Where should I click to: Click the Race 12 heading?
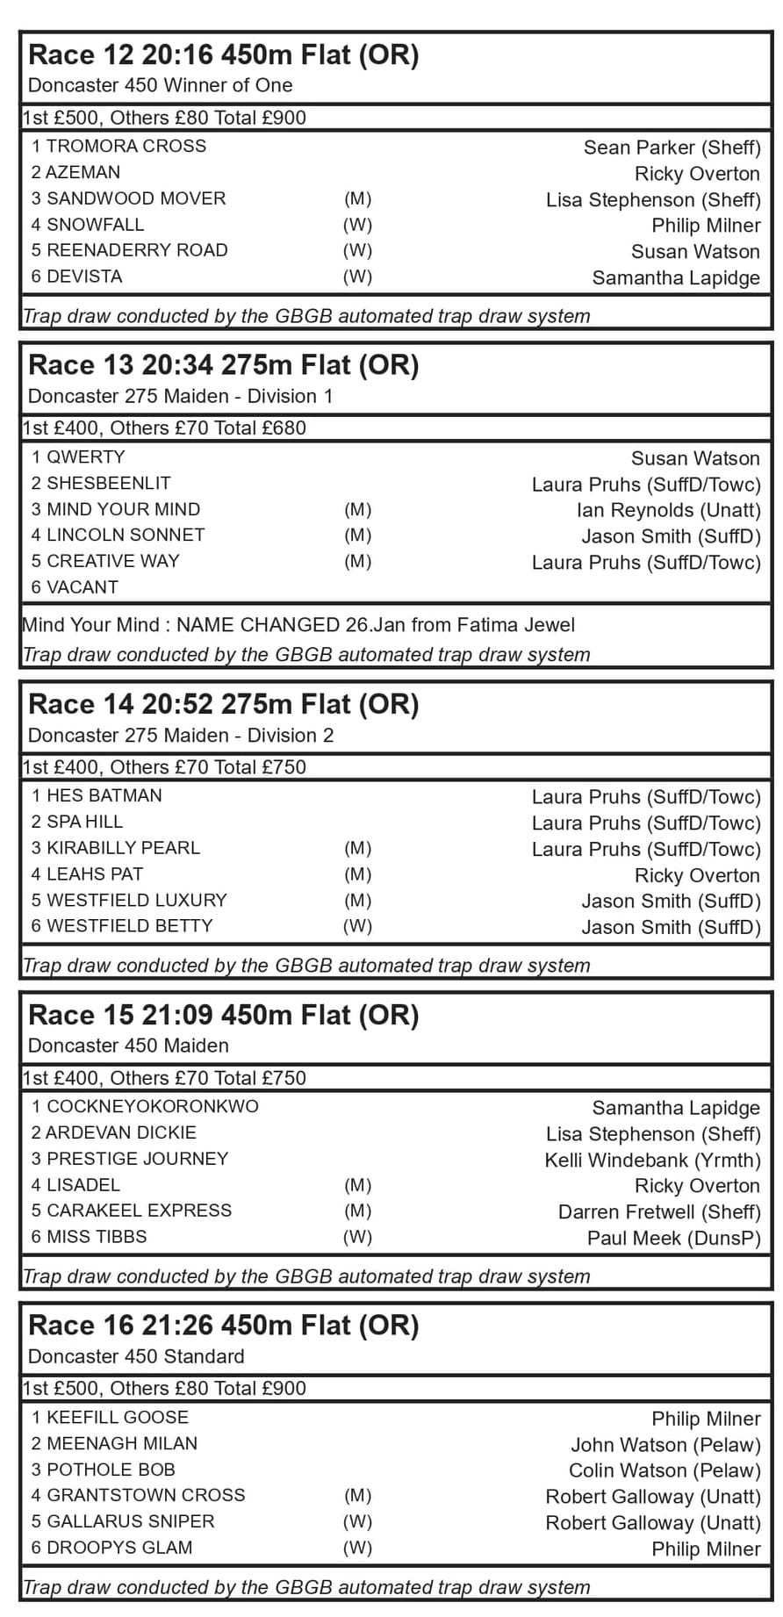click(224, 55)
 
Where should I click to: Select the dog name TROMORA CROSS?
click(126, 147)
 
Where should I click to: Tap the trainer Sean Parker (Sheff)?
click(672, 147)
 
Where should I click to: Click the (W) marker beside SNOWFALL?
click(357, 225)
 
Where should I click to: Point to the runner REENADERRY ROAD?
click(136, 250)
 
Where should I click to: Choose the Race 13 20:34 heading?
click(224, 365)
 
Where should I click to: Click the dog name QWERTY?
click(85, 457)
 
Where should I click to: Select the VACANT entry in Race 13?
click(82, 587)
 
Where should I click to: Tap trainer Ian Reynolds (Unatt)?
click(668, 510)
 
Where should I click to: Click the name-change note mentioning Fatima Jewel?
click(298, 625)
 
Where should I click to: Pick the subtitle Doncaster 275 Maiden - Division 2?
click(181, 736)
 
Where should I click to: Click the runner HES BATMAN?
click(104, 796)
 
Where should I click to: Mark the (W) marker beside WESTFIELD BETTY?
click(357, 926)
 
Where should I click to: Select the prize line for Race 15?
click(164, 1078)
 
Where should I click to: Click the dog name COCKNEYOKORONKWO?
click(152, 1107)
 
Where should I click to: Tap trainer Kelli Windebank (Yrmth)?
click(652, 1160)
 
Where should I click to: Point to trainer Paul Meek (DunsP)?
click(673, 1238)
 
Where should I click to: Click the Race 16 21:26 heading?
click(224, 1326)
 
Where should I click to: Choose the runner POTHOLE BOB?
click(111, 1470)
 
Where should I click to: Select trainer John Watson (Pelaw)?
click(665, 1444)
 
